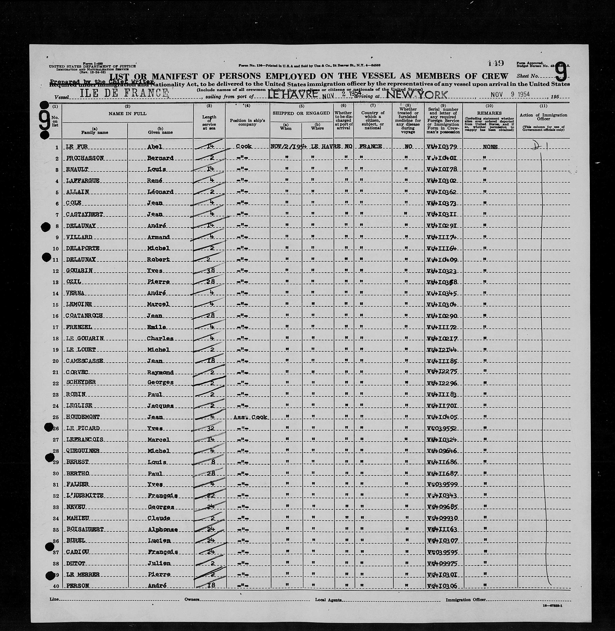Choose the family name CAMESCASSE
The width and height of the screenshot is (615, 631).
click(85, 361)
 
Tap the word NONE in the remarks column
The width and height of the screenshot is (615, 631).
click(490, 147)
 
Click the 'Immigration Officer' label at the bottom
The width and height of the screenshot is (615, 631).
click(465, 600)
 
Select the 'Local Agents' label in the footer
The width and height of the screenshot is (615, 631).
click(328, 600)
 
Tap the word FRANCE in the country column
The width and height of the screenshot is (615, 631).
click(370, 147)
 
